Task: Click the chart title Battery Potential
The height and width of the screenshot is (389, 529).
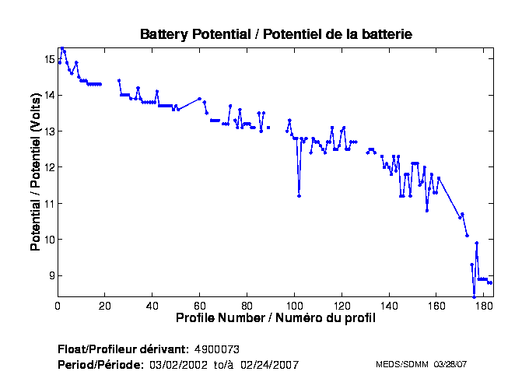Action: [x=275, y=34]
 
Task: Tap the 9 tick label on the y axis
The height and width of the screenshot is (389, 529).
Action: [x=51, y=275]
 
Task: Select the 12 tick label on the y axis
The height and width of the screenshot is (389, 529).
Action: [x=49, y=167]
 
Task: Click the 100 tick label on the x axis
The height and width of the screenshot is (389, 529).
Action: [x=294, y=306]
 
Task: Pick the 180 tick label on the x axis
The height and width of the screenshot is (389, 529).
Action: [x=483, y=306]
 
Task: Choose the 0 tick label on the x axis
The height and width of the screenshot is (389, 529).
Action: [x=58, y=306]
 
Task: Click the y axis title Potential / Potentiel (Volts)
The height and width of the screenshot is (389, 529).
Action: [x=36, y=178]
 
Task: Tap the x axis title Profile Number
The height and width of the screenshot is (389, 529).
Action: [x=275, y=318]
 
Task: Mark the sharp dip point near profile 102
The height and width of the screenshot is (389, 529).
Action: [x=299, y=196]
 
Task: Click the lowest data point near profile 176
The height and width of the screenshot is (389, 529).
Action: [x=474, y=296]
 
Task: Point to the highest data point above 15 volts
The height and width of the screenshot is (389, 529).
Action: [x=62, y=47]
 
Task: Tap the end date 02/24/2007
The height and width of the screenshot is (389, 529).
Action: [x=271, y=364]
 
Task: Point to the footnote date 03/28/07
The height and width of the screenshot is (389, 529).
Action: [x=450, y=364]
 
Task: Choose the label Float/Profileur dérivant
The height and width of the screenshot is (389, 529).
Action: [x=122, y=349]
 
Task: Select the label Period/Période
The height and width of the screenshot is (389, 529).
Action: [x=100, y=364]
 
